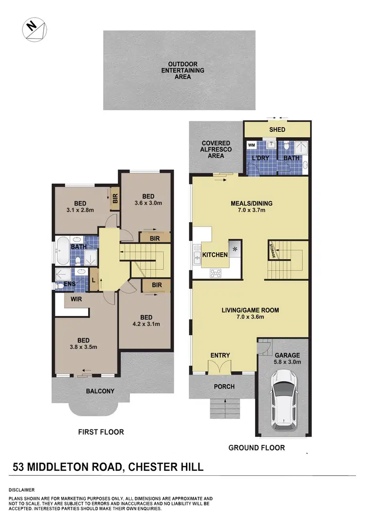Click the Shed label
coord(277,130)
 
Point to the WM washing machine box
coord(252,145)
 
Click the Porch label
coord(224,387)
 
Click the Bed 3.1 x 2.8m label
coord(80,207)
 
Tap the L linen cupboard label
coord(93,281)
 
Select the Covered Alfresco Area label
coord(216,149)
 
